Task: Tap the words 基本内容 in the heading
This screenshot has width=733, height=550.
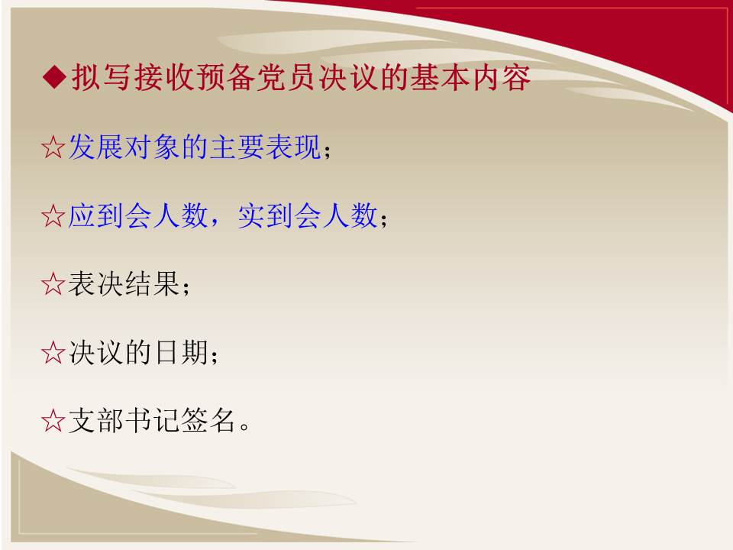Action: [x=470, y=78]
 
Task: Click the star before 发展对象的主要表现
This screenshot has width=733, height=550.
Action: [x=53, y=147]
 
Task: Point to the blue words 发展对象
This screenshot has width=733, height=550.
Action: [x=124, y=147]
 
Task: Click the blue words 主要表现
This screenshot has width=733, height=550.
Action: [x=265, y=147]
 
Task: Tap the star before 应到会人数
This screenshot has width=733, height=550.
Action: [x=53, y=216]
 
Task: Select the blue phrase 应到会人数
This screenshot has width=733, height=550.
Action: [x=138, y=215]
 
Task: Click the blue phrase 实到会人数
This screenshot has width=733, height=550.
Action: [x=308, y=215]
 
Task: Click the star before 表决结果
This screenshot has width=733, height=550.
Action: [x=53, y=284]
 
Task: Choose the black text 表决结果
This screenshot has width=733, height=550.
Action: [x=124, y=284]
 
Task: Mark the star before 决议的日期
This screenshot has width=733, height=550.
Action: [x=53, y=353]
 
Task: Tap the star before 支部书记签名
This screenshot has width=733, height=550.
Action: [x=53, y=421]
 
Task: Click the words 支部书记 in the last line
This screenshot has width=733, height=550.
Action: [x=124, y=420]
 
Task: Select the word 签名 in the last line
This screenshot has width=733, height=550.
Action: [x=208, y=420]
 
